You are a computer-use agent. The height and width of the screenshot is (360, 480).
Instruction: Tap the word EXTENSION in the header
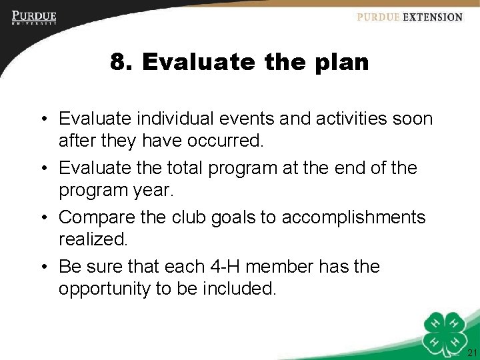[x=431, y=17]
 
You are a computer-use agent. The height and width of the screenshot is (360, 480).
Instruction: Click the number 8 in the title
[x=119, y=63]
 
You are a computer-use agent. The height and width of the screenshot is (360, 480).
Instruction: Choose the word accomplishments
[x=353, y=217]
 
